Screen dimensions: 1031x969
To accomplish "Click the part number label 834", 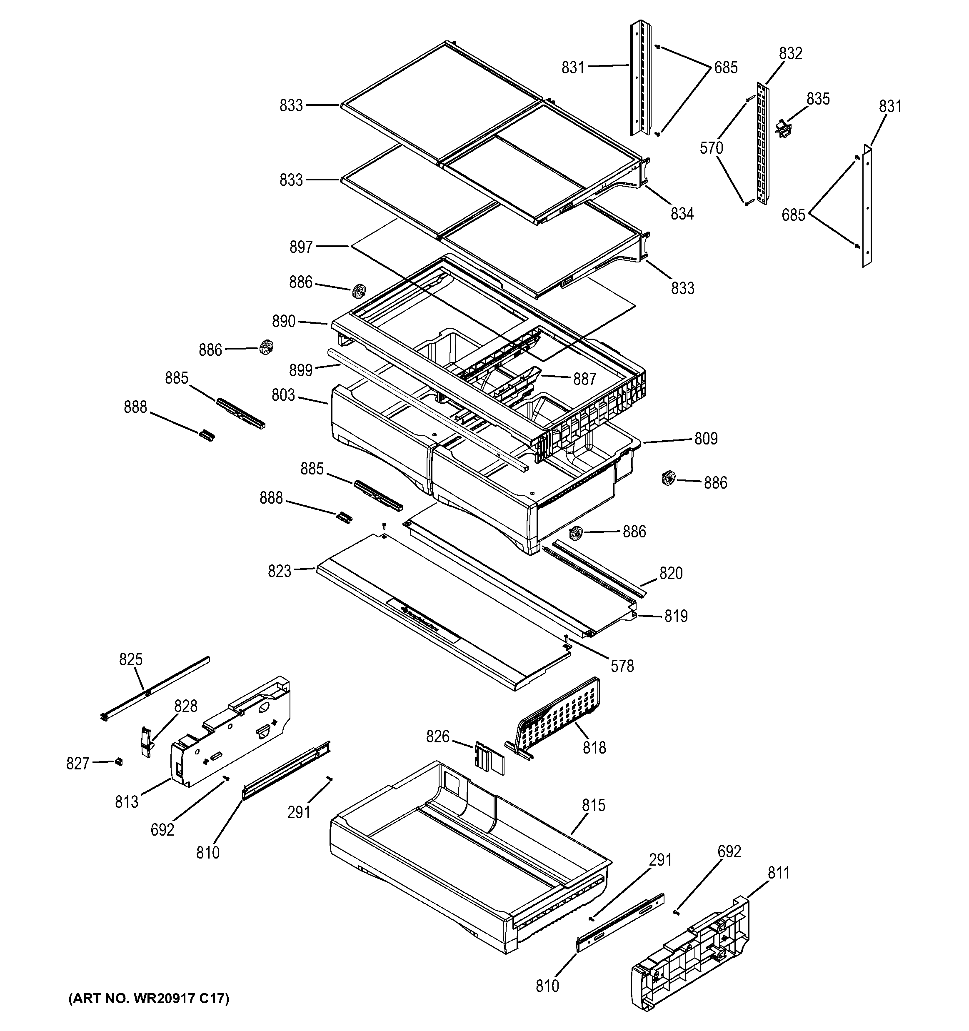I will pos(682,214).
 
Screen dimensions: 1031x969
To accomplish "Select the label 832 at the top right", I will pos(790,53).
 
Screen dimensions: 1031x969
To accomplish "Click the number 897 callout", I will pos(301,247).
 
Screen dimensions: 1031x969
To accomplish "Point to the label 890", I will pos(284,322).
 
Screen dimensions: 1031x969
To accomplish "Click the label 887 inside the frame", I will pos(584,379).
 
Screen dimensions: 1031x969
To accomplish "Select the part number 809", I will pos(706,439).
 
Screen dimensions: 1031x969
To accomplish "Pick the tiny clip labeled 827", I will pos(119,761).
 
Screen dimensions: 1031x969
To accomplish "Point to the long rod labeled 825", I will pos(156,687).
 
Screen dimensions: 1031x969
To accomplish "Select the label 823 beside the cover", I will pos(279,572).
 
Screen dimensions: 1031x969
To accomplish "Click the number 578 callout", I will pos(622,667).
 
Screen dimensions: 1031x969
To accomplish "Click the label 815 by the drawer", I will pos(593,805).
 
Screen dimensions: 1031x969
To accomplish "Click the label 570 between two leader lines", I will pos(711,148).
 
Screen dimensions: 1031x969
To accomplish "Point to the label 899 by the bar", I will pos(301,370).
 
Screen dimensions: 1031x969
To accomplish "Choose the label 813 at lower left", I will pos(127,802).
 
